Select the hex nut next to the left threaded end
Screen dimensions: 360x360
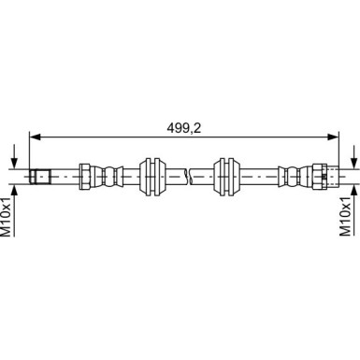pyautogui.click(x=87, y=174)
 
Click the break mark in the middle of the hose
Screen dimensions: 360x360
pyautogui.click(x=189, y=174)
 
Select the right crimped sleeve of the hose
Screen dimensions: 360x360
pyautogui.click(x=291, y=174)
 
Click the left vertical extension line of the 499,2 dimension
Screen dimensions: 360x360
pyautogui.click(x=31, y=150)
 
